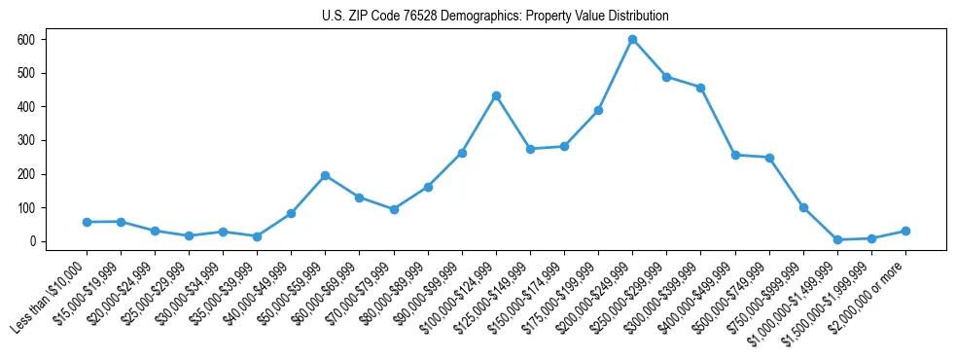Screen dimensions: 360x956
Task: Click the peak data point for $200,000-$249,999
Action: (x=632, y=40)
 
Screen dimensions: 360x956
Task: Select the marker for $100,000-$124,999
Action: (x=496, y=95)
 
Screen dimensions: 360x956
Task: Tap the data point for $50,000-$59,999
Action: (x=326, y=175)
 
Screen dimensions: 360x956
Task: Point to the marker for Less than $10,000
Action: (x=87, y=222)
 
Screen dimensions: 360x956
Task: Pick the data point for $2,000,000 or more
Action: (x=905, y=231)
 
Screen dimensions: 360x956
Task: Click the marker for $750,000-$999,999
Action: (x=803, y=207)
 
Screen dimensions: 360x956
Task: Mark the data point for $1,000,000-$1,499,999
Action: (x=837, y=239)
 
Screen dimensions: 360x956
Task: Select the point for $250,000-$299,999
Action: (x=666, y=77)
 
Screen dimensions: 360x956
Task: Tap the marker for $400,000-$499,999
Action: (x=735, y=155)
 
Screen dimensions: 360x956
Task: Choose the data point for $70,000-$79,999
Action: (x=394, y=209)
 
